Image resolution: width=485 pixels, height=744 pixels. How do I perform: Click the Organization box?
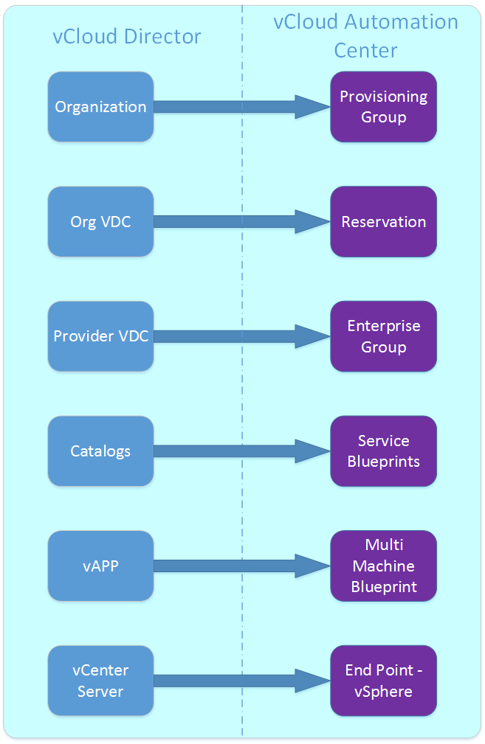pyautogui.click(x=100, y=107)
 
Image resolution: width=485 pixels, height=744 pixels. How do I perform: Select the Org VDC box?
pyautogui.click(x=100, y=221)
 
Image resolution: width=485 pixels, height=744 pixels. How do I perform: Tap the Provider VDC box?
pyautogui.click(x=100, y=336)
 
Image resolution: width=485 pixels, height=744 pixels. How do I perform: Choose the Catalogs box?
pyautogui.click(x=100, y=451)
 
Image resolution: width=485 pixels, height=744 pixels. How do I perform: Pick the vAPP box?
pyautogui.click(x=100, y=566)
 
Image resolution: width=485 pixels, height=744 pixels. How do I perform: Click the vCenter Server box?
pyautogui.click(x=100, y=681)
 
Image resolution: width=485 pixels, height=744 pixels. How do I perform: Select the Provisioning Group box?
pyautogui.click(x=383, y=107)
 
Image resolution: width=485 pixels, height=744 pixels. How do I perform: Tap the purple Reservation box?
pyautogui.click(x=383, y=221)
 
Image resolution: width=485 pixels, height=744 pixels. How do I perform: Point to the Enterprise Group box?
pyautogui.click(x=383, y=336)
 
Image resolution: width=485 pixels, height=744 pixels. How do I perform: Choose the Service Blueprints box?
pyautogui.click(x=383, y=451)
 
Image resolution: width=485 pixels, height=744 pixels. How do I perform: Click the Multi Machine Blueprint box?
pyautogui.click(x=383, y=566)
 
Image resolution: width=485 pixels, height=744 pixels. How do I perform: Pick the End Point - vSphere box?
pyautogui.click(x=383, y=681)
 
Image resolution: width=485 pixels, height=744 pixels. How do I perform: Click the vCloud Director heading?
pyautogui.click(x=127, y=37)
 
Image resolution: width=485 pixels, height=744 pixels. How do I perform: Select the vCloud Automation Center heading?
pyautogui.click(x=365, y=36)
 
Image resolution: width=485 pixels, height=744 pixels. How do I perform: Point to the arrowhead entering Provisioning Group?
pyautogui.click(x=312, y=107)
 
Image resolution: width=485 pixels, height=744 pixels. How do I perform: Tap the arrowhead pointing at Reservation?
pyautogui.click(x=312, y=221)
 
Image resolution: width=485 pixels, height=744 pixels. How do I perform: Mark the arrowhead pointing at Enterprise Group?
pyautogui.click(x=312, y=336)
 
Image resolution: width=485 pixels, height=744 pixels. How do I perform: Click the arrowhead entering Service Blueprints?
pyautogui.click(x=312, y=451)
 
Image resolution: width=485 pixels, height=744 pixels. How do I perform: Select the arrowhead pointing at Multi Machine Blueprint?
pyautogui.click(x=312, y=566)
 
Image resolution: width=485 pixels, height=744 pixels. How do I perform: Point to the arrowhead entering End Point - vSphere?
pyautogui.click(x=312, y=681)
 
